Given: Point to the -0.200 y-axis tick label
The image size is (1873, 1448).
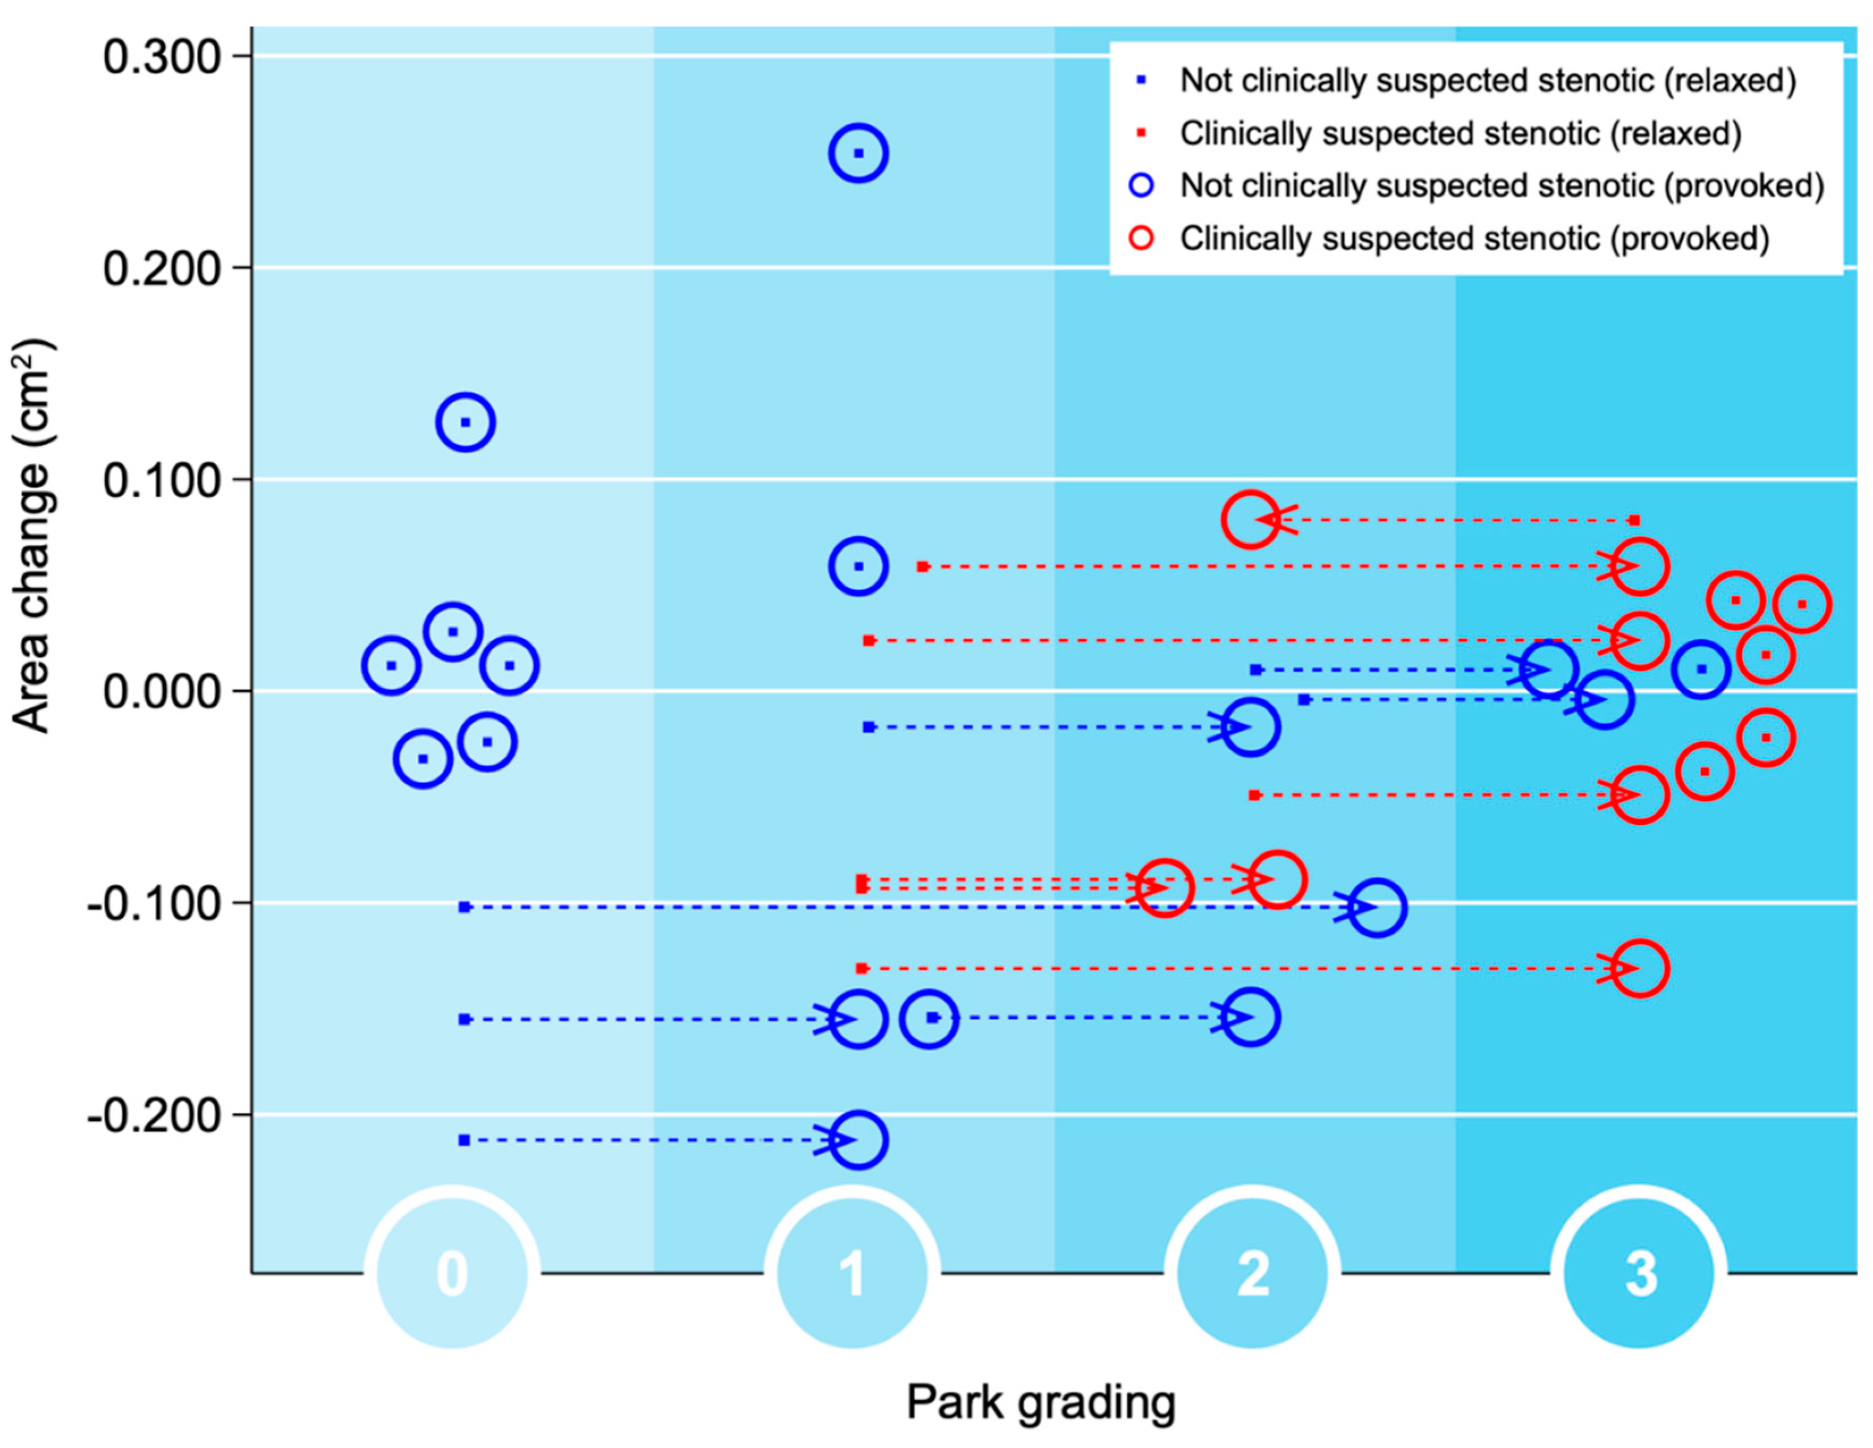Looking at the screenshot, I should coord(154,1115).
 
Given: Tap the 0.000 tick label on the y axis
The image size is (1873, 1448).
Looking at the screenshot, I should coord(162,691).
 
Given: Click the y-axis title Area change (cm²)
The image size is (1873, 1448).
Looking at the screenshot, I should coord(32,536).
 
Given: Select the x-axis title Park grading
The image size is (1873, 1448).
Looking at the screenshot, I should coord(1040,1403).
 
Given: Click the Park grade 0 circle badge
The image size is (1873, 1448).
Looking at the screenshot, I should coord(452,1274).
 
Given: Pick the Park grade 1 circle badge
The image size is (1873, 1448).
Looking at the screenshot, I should coord(852,1274).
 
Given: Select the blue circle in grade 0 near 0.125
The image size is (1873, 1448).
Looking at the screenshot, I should coord(466,422).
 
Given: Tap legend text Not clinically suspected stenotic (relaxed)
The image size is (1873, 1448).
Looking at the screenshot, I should coord(1488,81).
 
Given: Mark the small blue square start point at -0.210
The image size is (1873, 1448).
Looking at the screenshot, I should coord(464,1140).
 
